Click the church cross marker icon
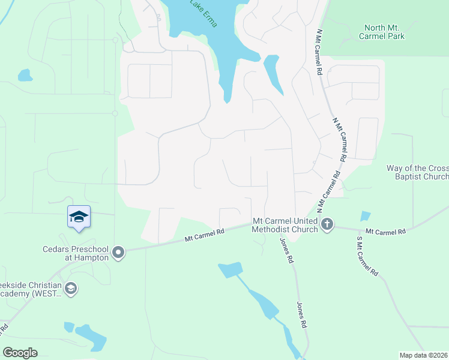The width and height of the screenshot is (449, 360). tap(327, 225)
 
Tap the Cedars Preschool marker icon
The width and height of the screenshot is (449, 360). tap(118, 252)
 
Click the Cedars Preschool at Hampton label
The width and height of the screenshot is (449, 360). tap(76, 253)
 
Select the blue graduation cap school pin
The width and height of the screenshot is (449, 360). tap(79, 217)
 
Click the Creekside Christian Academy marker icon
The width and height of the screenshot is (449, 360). tap(71, 289)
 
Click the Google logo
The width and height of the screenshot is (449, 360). tap(20, 353)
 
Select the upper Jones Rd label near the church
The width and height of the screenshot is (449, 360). tap(287, 251)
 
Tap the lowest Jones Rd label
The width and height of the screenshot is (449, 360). tap(302, 315)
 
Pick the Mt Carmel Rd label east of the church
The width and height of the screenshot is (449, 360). tap(385, 231)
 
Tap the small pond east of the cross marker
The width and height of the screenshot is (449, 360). tap(365, 217)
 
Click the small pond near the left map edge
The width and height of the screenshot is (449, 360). tap(25, 75)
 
